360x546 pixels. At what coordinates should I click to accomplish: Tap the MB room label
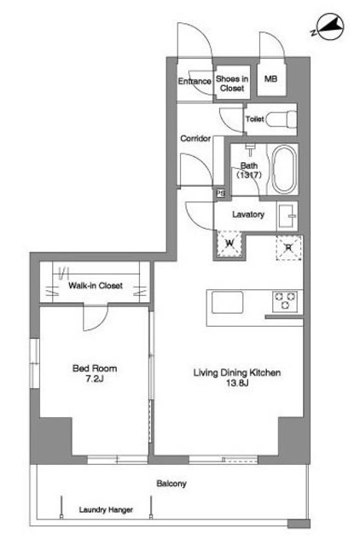[271, 78]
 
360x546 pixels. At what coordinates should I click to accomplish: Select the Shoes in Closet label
[232, 84]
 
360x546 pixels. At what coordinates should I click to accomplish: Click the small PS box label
[221, 193]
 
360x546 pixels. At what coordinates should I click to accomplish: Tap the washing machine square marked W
[229, 243]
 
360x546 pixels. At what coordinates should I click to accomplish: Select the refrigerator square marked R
[288, 247]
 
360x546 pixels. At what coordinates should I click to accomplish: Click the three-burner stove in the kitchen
[285, 301]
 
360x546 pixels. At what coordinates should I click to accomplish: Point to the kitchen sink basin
[228, 302]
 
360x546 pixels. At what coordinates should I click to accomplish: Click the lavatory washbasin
[287, 216]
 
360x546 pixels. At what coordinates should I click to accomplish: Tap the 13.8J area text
[237, 383]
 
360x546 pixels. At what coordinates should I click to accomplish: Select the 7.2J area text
[95, 379]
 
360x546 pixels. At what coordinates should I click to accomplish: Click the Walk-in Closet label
[96, 286]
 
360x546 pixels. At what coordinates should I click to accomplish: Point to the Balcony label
[171, 484]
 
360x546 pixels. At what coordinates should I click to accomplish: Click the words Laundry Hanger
[106, 510]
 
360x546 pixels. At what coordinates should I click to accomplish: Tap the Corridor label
[195, 138]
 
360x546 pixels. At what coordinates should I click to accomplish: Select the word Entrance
[195, 81]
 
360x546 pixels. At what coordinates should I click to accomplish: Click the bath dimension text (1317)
[249, 175]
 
